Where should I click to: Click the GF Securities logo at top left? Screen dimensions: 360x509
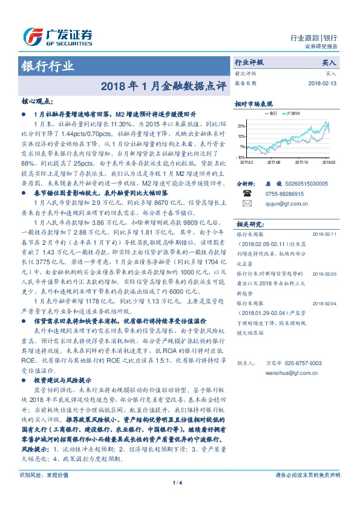[57, 36]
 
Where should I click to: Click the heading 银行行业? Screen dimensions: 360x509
[48, 66]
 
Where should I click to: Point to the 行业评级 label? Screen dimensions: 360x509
[249, 62]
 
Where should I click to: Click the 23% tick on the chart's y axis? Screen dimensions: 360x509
[241, 126]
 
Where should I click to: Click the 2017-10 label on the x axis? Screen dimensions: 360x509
[301, 162]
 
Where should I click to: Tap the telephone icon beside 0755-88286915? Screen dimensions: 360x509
[246, 192]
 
